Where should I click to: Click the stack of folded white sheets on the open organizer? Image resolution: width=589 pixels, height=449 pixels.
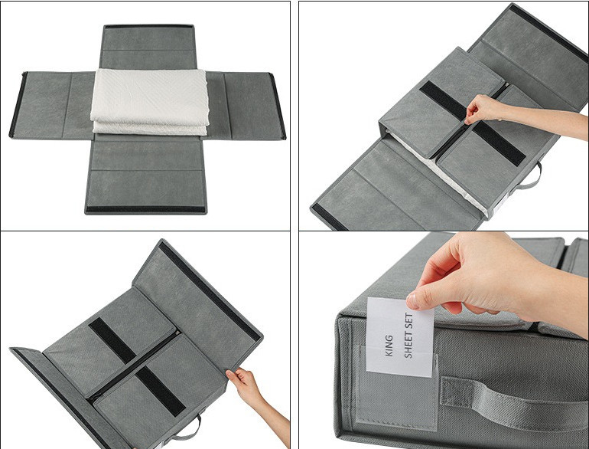[149, 102]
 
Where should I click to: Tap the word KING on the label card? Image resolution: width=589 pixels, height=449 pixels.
[389, 346]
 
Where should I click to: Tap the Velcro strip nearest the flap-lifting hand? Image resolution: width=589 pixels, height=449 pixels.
[160, 392]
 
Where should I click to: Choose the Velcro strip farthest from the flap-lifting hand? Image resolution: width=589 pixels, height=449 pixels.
[112, 341]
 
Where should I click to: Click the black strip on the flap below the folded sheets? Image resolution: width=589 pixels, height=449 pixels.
[146, 209]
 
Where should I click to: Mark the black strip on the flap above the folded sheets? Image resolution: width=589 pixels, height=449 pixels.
[149, 26]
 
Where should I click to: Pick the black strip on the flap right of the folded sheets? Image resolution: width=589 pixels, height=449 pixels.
[277, 106]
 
